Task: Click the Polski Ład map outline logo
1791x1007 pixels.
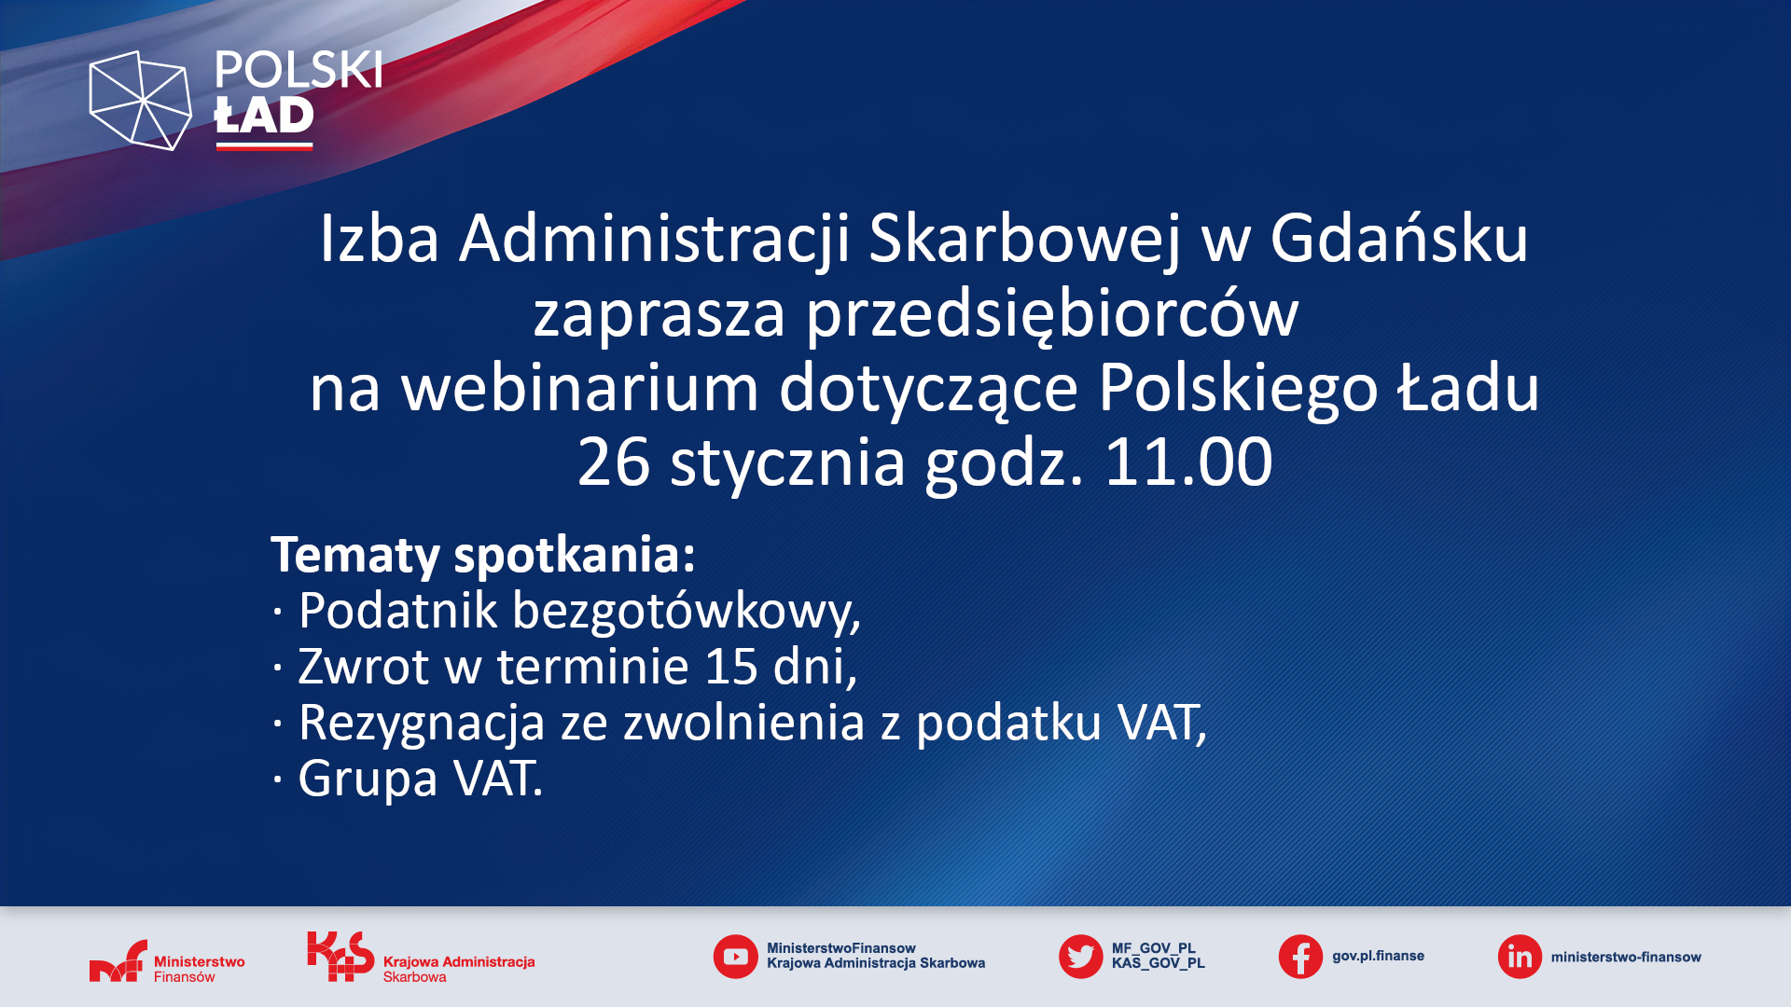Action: click(x=140, y=101)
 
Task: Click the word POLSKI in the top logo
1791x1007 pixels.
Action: click(x=298, y=70)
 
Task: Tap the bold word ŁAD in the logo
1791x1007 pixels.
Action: click(x=264, y=116)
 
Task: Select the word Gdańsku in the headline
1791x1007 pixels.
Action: click(x=1399, y=239)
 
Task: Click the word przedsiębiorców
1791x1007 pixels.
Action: click(x=1052, y=315)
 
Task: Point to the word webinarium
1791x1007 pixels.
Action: click(x=580, y=388)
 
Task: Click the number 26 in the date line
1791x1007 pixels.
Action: click(x=614, y=462)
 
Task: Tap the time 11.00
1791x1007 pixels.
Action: click(x=1188, y=462)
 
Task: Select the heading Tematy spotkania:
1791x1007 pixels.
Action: click(x=483, y=556)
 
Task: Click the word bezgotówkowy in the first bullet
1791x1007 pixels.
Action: click(x=686, y=612)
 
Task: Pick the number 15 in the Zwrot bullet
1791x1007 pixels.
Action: click(x=730, y=666)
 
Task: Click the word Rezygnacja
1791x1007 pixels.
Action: click(x=422, y=724)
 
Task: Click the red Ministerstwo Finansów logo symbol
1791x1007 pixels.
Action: click(x=118, y=960)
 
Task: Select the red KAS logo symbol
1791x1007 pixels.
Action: click(x=340, y=956)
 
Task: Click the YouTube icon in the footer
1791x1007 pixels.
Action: click(x=735, y=957)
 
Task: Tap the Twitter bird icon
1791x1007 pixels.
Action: click(x=1080, y=957)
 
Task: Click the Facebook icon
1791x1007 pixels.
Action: click(x=1300, y=957)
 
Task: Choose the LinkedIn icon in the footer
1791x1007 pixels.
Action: click(x=1520, y=957)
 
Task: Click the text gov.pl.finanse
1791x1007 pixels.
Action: click(x=1378, y=957)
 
